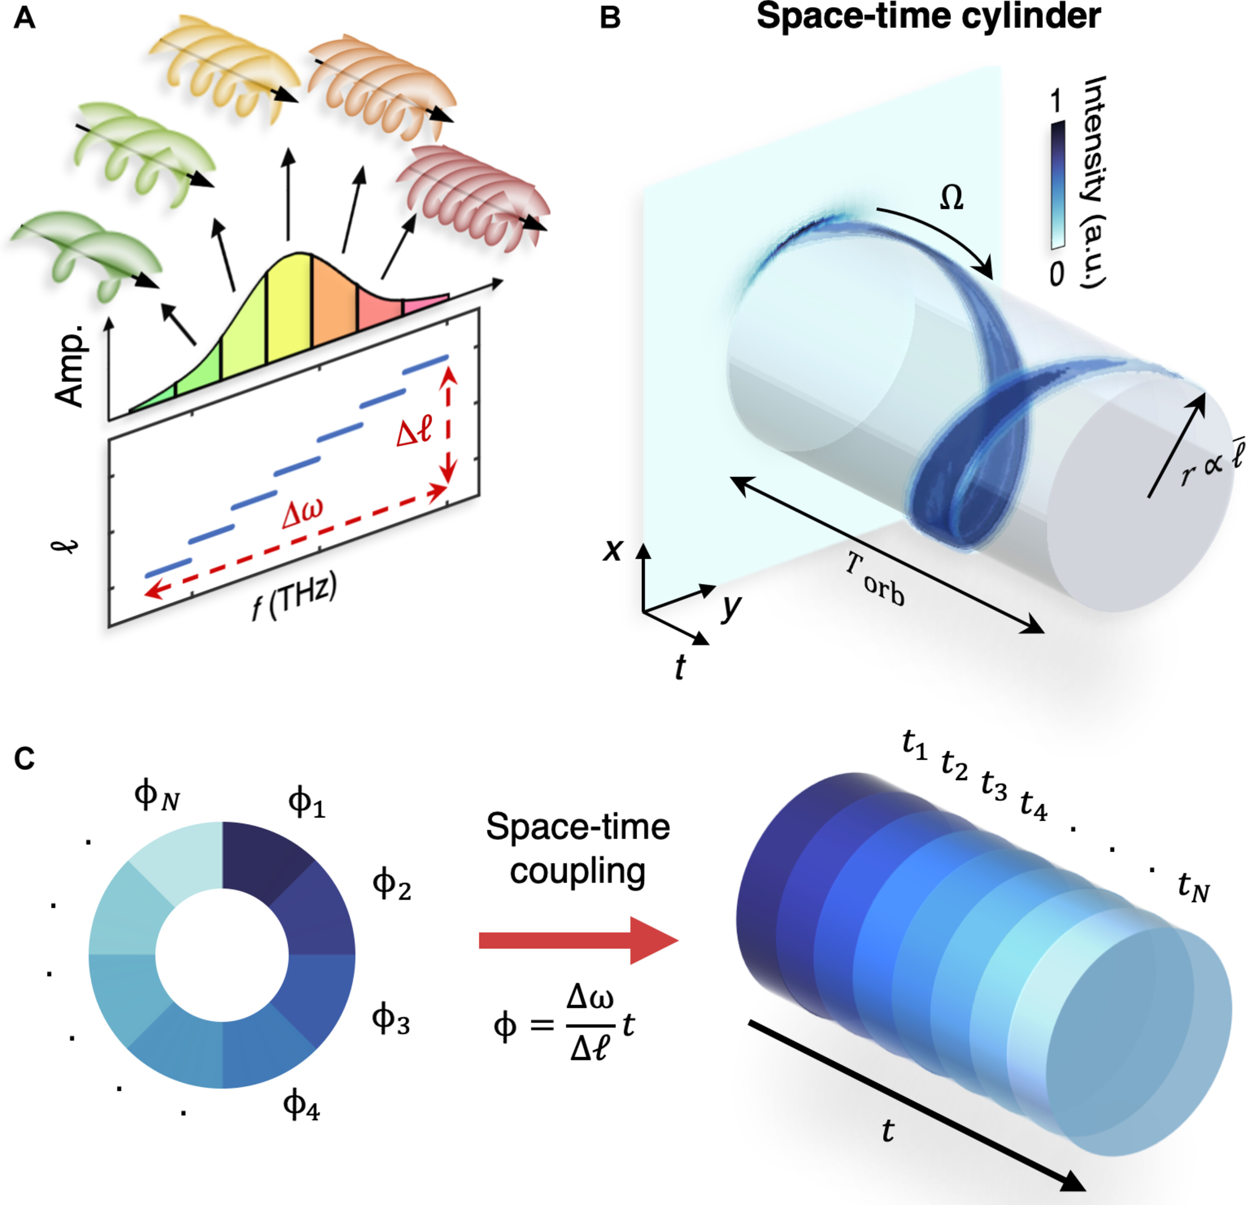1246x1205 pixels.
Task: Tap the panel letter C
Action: coord(24,758)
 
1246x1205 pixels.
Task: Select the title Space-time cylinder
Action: coord(928,17)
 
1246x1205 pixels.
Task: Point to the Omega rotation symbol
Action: coord(951,198)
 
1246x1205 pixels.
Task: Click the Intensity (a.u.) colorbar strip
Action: coord(1057,185)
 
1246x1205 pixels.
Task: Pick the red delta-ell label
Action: coord(414,431)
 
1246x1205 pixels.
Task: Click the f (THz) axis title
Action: coord(294,596)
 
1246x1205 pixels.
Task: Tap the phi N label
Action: coord(157,796)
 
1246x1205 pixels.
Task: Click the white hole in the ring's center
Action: coord(222,954)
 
